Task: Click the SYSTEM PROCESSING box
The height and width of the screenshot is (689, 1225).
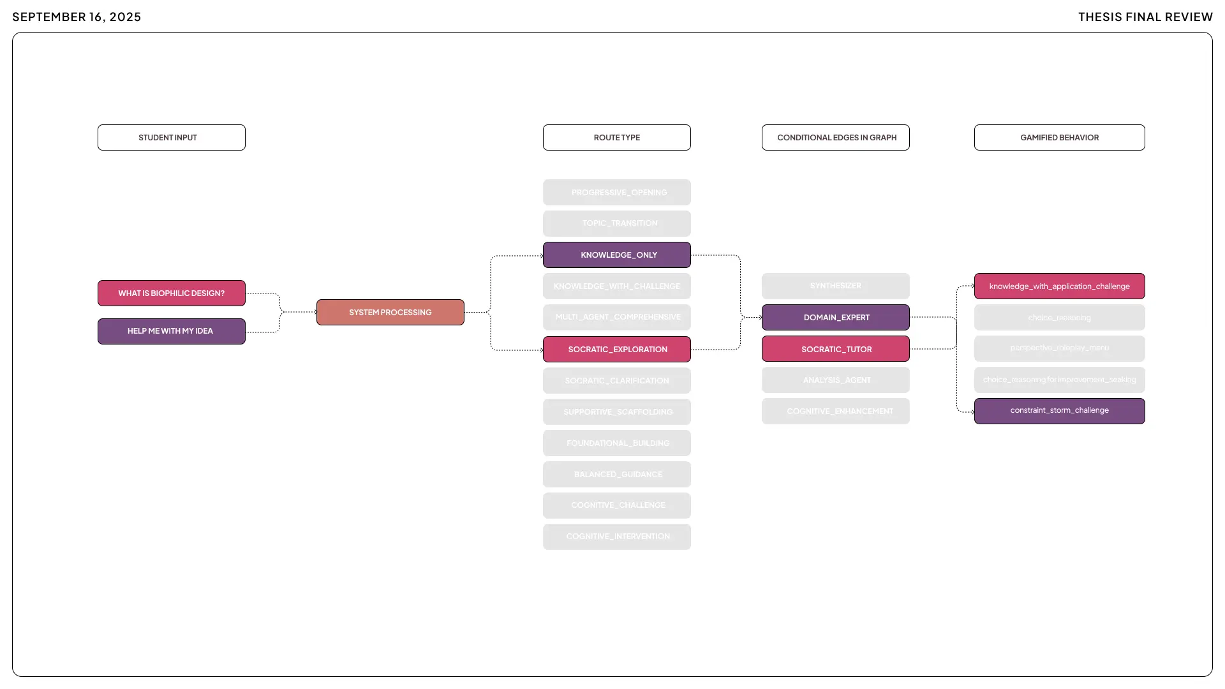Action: click(390, 312)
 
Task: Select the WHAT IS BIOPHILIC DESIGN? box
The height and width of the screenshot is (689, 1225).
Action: click(171, 293)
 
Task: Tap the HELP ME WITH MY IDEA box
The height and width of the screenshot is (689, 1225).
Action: click(171, 331)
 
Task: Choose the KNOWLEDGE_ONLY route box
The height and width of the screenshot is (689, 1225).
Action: click(616, 255)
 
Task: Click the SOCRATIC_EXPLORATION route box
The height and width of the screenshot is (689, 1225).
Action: click(616, 349)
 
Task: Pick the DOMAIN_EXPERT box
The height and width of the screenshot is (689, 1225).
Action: click(835, 317)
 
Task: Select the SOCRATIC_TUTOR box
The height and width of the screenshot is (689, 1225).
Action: click(835, 349)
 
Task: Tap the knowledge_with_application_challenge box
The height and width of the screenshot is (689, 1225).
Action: click(1059, 286)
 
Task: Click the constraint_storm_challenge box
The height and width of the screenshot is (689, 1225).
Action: click(1059, 411)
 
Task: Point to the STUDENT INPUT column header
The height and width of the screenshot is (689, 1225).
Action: click(171, 137)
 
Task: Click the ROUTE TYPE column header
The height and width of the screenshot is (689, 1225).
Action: click(616, 137)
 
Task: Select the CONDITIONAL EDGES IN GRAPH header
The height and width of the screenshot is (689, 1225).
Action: click(835, 137)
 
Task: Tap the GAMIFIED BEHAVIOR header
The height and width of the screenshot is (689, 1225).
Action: click(1059, 137)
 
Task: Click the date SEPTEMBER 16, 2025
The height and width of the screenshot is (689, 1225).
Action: click(77, 17)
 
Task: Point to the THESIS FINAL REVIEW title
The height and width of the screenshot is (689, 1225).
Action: click(1145, 17)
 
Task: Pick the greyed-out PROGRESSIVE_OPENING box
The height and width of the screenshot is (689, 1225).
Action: click(616, 192)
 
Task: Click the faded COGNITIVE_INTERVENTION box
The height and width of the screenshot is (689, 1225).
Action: click(616, 537)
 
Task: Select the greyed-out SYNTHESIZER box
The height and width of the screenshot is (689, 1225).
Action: click(835, 286)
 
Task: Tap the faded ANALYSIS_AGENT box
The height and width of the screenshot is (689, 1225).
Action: click(835, 380)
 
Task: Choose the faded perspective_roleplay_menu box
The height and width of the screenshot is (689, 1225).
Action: click(1059, 348)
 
